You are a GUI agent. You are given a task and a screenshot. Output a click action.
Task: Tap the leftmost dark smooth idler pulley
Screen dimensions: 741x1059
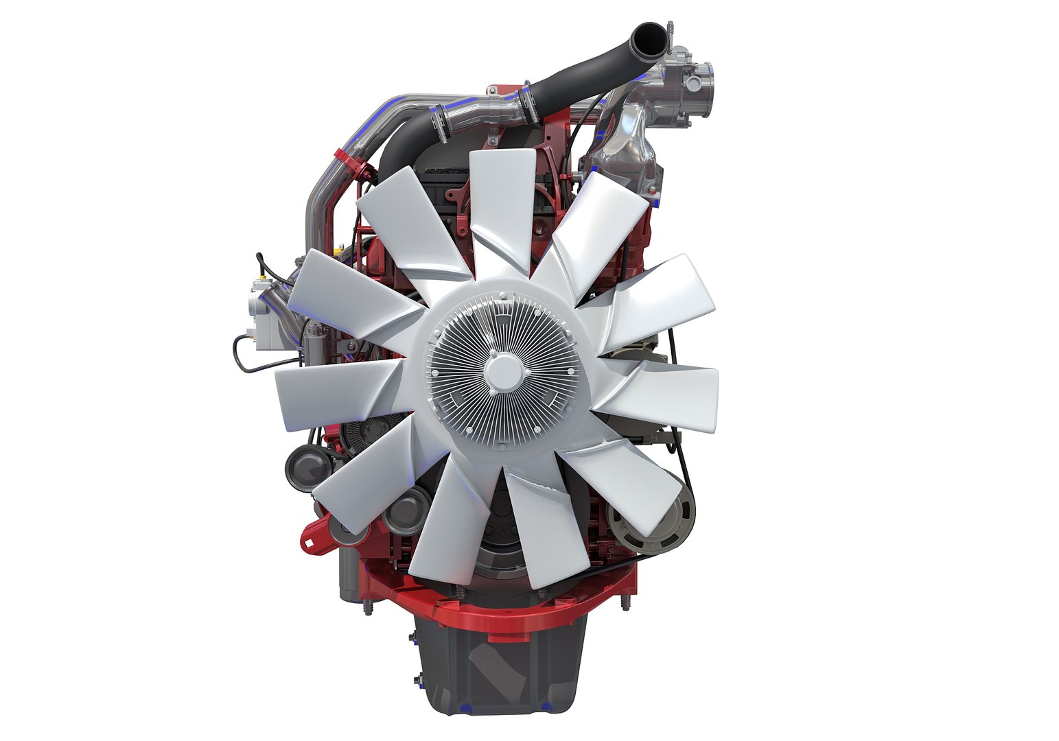[306, 468]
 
